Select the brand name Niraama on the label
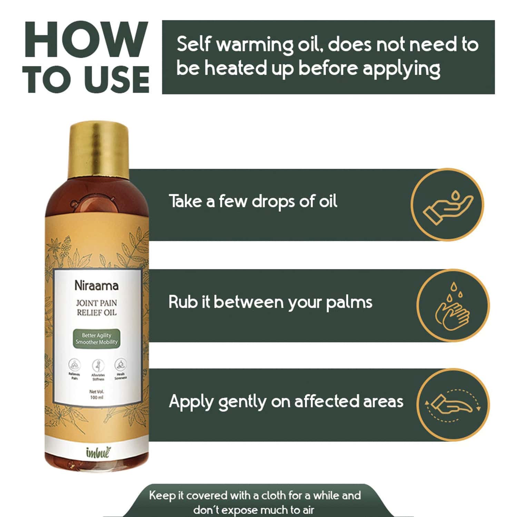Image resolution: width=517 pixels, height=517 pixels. pos(97,286)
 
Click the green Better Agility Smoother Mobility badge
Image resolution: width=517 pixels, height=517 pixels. pos(97,339)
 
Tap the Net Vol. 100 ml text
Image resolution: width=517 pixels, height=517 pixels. pos(97,394)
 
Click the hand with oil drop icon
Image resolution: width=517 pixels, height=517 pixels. pos(447,205)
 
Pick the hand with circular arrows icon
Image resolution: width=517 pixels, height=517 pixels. pos(453,405)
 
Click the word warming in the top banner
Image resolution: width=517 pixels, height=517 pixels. pos(255,45)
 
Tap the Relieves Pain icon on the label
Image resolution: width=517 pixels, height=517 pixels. pos(74,365)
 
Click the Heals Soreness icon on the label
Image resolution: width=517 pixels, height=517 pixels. pos(120,364)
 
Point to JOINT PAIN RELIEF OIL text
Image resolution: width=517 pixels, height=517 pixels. pos(97,308)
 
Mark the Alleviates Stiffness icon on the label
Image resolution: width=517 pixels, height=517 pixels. pos(98,365)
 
